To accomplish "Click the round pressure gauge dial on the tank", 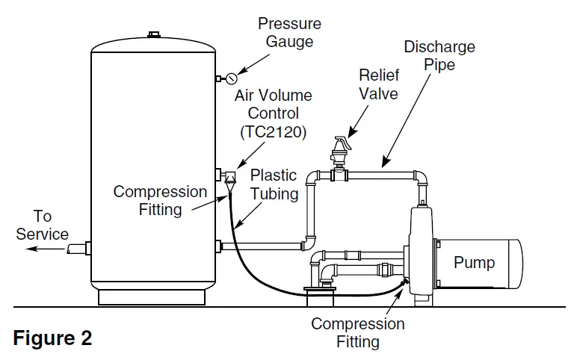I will [231, 78].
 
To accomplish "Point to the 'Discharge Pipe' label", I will [439, 56].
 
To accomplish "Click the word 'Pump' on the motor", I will [474, 262].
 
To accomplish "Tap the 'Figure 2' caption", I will [52, 338].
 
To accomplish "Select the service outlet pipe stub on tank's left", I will [78, 248].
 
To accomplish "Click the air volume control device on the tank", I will [229, 179].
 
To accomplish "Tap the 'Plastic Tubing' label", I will [274, 184].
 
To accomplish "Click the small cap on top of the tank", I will [154, 34].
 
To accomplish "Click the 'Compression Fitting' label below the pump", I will [357, 333].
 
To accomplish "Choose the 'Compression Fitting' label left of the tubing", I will [160, 201].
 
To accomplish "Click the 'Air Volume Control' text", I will [273, 105].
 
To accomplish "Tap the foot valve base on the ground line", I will [320, 298].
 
